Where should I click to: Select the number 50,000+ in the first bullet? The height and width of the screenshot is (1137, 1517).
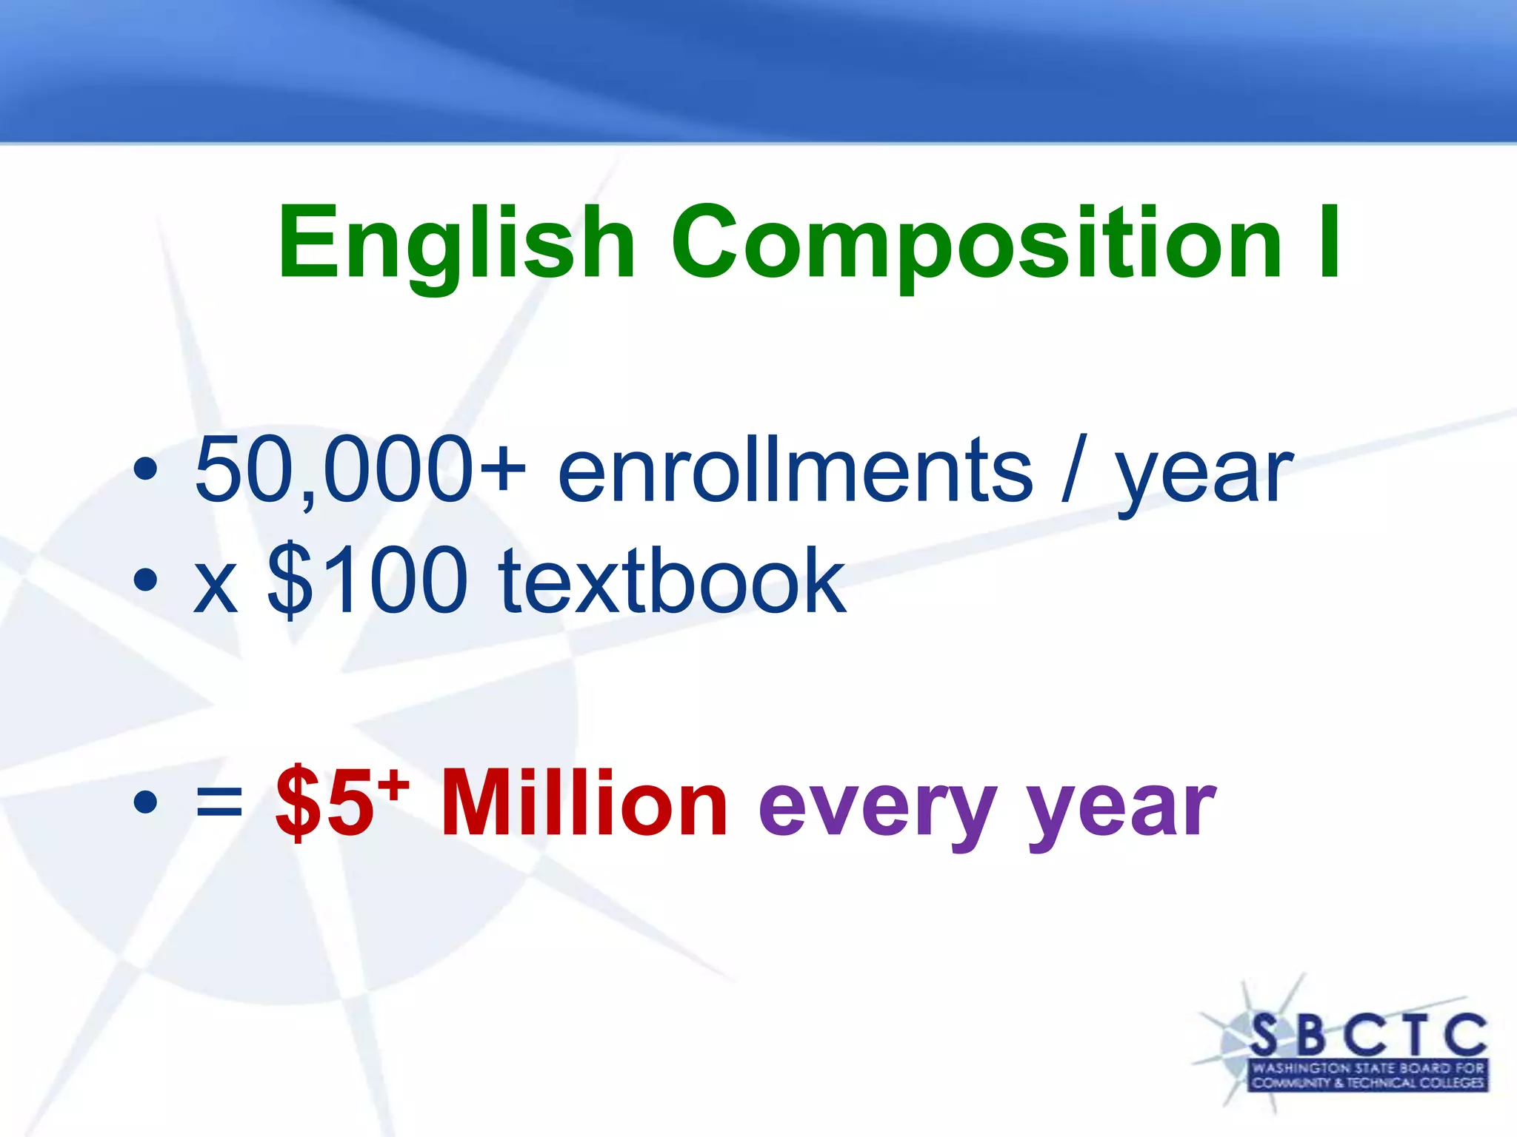click(x=360, y=470)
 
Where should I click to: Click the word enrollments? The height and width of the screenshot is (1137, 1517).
click(x=795, y=470)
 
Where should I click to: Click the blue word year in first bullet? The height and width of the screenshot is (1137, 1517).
click(x=1204, y=474)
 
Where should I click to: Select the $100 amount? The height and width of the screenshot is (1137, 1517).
click(x=367, y=581)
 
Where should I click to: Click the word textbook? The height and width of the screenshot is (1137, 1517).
click(x=672, y=581)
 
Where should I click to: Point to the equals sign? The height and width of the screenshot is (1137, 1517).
click(x=219, y=802)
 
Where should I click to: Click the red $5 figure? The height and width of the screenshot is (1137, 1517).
click(x=324, y=804)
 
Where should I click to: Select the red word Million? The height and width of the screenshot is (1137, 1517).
click(x=584, y=804)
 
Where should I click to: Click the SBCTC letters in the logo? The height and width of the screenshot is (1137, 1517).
click(x=1367, y=1035)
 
